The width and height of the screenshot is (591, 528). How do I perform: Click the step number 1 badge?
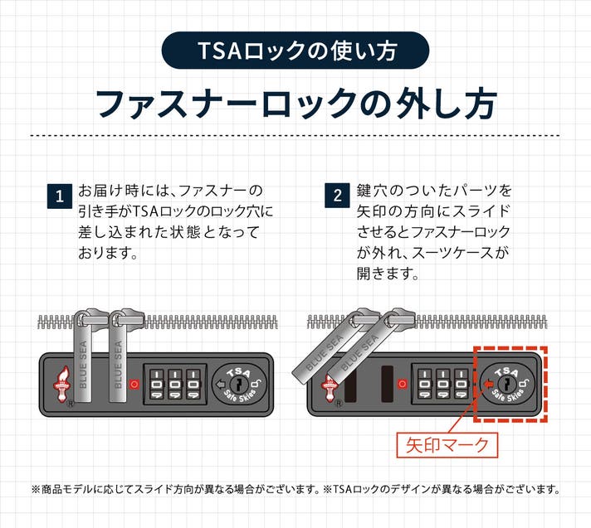pos(59,197)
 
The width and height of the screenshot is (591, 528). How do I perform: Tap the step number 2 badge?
pos(337,197)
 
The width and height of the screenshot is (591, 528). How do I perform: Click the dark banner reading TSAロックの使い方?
pos(295,51)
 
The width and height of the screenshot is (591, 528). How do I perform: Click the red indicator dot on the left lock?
pos(134,384)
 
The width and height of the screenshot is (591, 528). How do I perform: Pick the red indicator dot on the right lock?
pos(403,384)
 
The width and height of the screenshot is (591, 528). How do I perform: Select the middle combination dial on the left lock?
pos(175,385)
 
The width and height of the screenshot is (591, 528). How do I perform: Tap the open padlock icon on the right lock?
pos(525,383)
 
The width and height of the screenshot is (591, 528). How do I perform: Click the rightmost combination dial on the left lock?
pos(194,385)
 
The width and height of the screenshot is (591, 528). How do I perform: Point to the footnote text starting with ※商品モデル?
pos(295,489)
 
